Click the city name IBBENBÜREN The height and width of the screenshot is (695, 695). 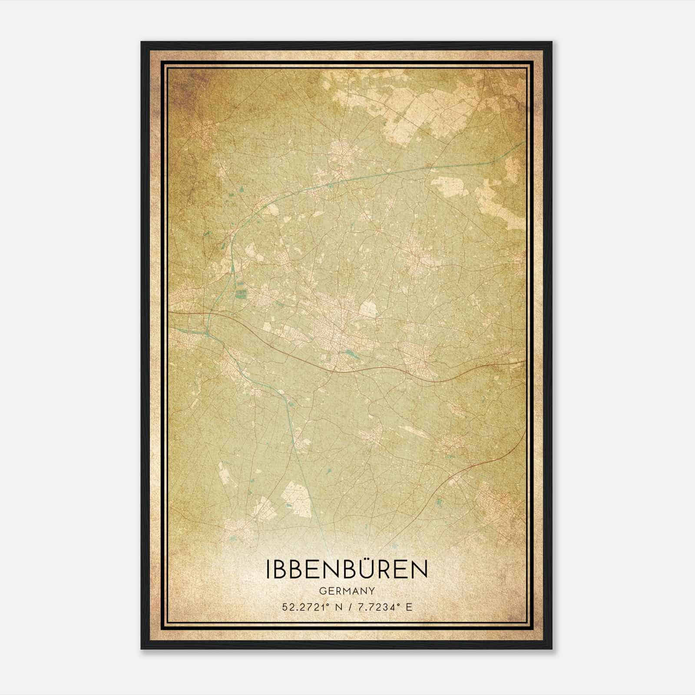point(347,569)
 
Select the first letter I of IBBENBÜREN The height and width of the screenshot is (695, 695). point(268,570)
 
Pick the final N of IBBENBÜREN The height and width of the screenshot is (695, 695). point(419,570)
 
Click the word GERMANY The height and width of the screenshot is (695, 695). point(347,591)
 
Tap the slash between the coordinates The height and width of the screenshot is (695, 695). point(351,607)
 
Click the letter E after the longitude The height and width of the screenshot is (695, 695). point(408,607)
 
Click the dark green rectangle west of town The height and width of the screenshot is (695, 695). point(240,294)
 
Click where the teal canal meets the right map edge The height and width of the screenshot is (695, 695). point(525,142)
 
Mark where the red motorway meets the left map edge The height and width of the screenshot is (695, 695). point(170,311)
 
